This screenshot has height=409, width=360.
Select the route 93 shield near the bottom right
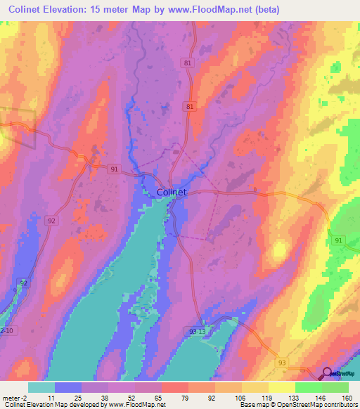pyautogui.click(x=283, y=362)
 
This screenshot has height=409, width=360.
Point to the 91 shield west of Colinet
pyautogui.click(x=115, y=169)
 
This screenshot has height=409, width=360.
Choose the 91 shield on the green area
pyautogui.click(x=339, y=241)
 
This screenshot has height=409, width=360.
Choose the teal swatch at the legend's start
pyautogui.click(x=41, y=387)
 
